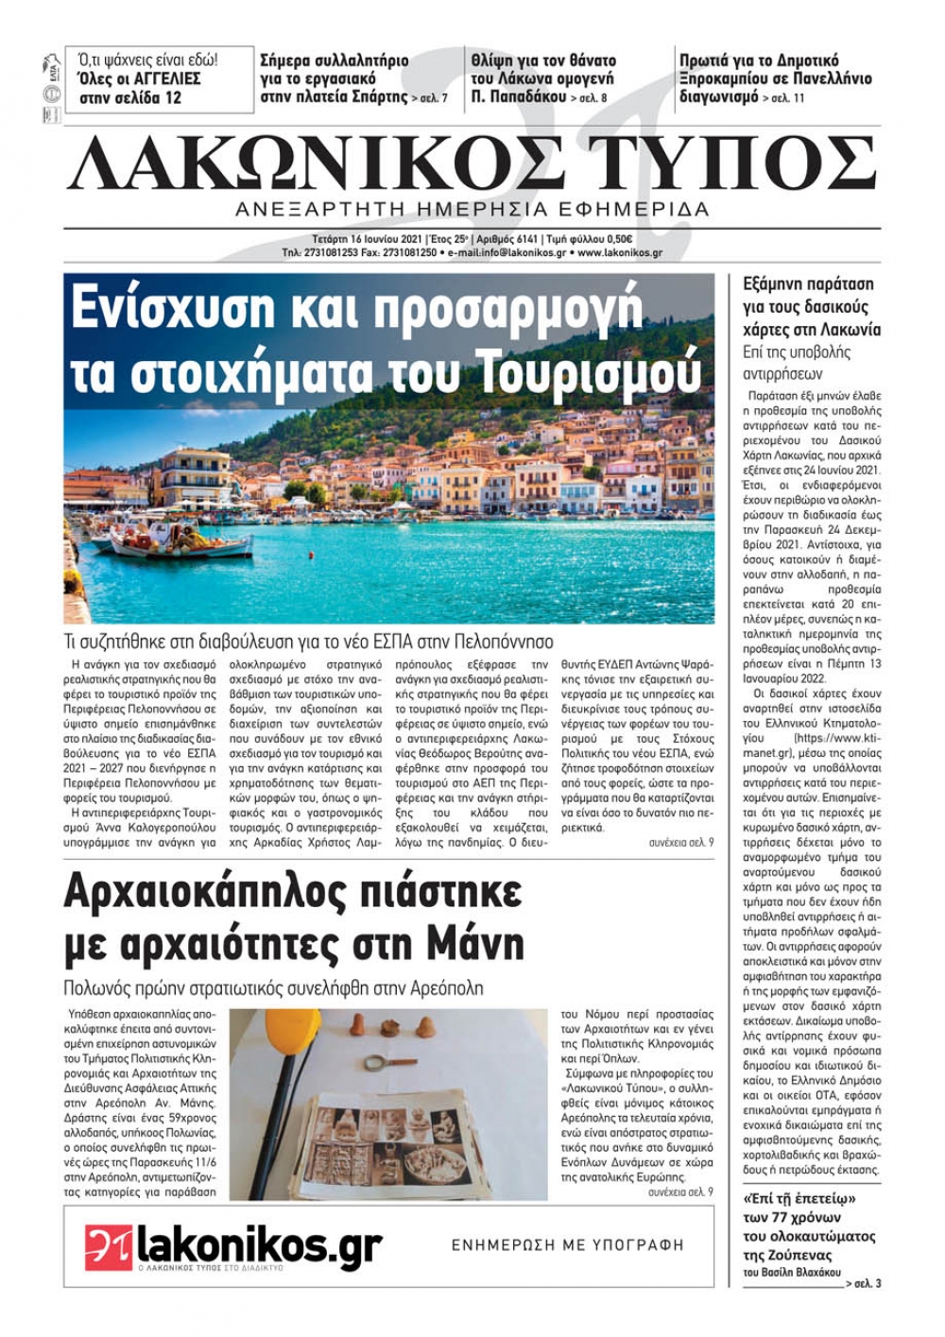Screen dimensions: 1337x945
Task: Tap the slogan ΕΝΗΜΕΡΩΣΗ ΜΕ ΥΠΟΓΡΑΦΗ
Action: (x=567, y=1245)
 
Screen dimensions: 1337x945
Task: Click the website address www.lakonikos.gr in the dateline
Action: (x=620, y=253)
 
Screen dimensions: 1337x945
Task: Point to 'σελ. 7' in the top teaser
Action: (x=433, y=98)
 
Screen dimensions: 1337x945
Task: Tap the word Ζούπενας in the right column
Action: (x=799, y=1255)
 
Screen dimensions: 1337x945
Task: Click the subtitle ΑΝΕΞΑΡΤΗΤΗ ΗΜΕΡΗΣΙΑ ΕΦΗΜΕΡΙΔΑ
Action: (x=472, y=210)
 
